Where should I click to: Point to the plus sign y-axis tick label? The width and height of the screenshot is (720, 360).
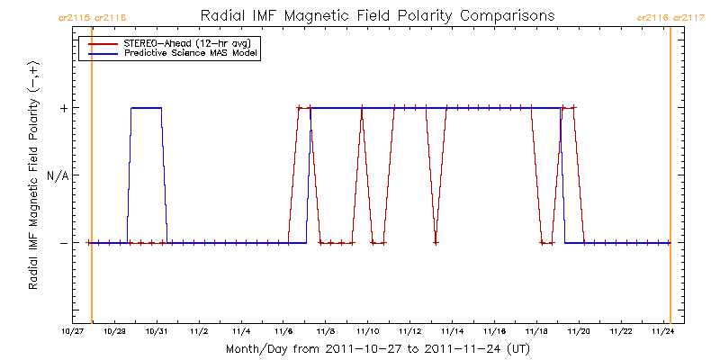(63, 108)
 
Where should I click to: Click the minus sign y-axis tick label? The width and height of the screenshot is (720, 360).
(63, 243)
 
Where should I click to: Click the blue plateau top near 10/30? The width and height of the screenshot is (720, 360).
(147, 108)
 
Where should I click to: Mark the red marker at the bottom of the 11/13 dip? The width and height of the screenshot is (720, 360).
(436, 243)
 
